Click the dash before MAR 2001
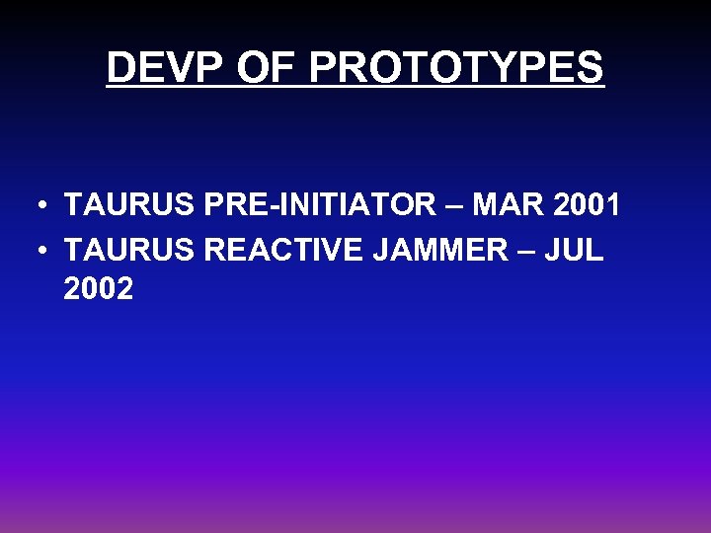point(449,208)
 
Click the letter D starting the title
point(120,68)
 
